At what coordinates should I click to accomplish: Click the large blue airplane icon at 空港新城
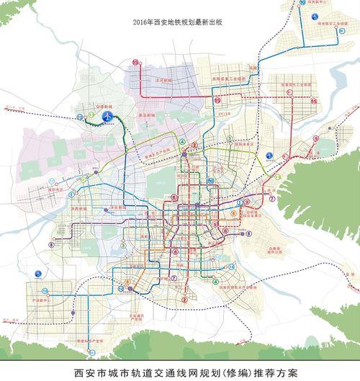click(x=107, y=116)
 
